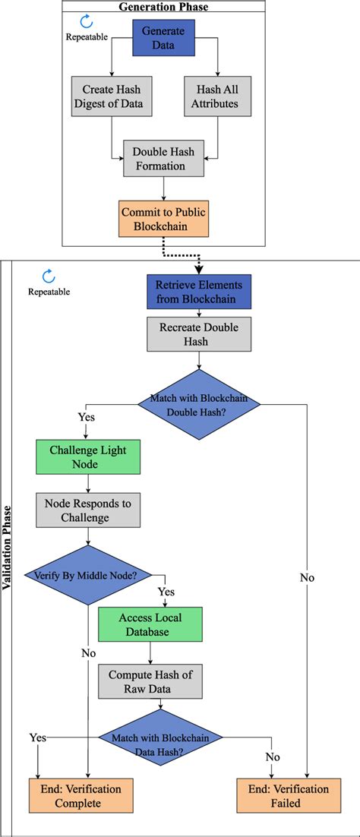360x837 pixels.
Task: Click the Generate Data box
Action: click(x=164, y=36)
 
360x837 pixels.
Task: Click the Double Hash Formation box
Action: click(x=163, y=159)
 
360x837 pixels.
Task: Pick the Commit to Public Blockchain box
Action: click(x=163, y=218)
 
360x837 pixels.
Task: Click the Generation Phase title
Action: click(x=163, y=7)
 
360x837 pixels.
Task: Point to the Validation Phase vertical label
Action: click(x=7, y=547)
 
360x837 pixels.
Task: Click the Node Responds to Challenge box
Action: click(x=88, y=510)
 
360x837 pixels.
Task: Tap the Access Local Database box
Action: click(x=150, y=624)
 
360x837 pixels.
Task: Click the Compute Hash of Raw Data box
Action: click(x=150, y=681)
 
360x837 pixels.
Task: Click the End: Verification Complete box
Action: click(x=77, y=796)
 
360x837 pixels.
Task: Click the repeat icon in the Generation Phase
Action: click(x=87, y=22)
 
